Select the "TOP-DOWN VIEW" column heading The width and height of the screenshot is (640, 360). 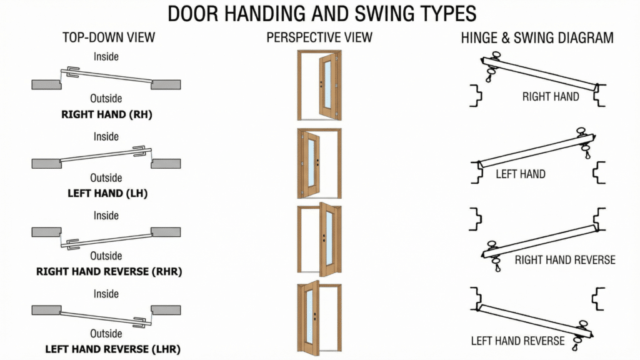tap(109, 37)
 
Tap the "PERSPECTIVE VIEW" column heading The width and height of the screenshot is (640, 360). tap(319, 37)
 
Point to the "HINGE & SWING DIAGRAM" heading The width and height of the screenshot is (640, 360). tap(537, 37)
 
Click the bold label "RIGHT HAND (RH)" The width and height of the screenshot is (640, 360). tap(107, 114)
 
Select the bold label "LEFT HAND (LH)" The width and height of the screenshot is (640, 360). tap(107, 193)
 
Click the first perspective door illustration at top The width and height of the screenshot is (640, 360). tap(319, 85)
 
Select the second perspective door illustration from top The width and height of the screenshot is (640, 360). tap(319, 163)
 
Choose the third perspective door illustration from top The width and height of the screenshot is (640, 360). tap(319, 240)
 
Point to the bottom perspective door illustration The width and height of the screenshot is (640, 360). tap(319, 317)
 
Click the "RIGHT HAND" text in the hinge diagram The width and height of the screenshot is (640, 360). tap(551, 97)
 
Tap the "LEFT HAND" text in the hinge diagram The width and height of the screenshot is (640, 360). tap(520, 174)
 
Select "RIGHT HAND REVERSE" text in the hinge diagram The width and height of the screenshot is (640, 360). tap(565, 259)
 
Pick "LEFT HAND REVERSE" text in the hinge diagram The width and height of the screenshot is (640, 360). tap(517, 341)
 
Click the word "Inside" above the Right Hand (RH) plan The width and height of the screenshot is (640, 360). tap(106, 57)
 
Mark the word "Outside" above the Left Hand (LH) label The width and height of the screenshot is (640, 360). tap(106, 177)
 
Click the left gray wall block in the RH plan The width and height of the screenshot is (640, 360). tap(46, 84)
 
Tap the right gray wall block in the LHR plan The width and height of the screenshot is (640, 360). tap(166, 310)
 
